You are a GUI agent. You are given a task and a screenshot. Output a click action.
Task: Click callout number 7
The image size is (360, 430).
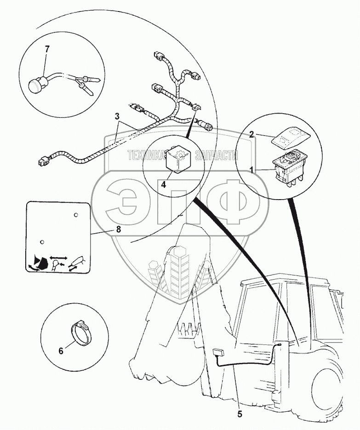click(47, 49)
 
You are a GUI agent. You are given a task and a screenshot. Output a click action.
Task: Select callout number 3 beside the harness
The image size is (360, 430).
click(117, 116)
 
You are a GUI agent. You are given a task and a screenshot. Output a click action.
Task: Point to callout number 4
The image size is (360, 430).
click(163, 184)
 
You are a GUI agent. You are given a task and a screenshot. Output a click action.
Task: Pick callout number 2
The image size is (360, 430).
click(251, 134)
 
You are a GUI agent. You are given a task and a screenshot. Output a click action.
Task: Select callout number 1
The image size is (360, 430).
click(251, 170)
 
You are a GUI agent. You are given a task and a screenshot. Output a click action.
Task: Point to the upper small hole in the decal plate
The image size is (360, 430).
click(76, 215)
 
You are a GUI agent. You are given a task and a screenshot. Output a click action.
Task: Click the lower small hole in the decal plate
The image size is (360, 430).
click(42, 242)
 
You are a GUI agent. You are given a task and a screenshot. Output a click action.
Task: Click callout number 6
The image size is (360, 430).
click(61, 350)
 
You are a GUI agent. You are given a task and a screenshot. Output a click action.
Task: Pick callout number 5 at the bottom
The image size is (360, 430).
click(240, 414)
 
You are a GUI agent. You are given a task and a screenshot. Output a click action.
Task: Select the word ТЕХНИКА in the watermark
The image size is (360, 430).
click(146, 155)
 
